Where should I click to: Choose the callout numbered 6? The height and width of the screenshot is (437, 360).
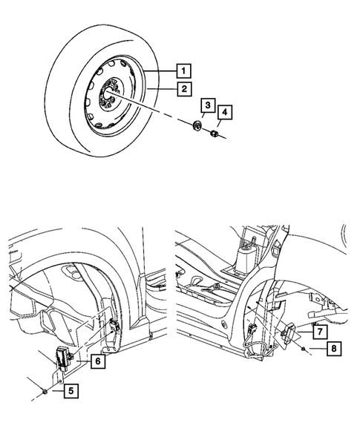tap(96, 361)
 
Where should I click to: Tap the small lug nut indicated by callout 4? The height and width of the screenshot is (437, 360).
tap(212, 134)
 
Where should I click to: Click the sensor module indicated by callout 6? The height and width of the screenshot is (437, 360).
tap(61, 356)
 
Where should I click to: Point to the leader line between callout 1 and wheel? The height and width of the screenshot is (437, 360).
tap(162, 71)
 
